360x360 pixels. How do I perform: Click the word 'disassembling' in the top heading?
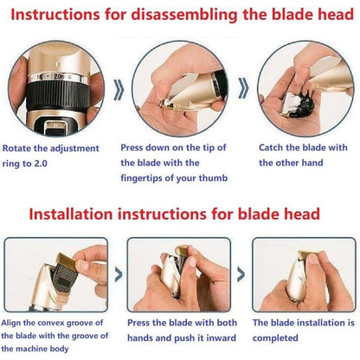pos(185,15)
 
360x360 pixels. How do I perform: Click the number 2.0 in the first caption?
pos(41,164)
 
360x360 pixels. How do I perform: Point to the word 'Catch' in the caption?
pos(271,148)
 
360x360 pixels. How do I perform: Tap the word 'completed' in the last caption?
pos(275,338)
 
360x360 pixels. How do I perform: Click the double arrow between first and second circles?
pos(119,90)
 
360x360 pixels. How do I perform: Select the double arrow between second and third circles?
pos(243,87)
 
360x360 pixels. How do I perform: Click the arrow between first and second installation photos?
pos(119,274)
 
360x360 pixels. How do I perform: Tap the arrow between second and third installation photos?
pos(241,274)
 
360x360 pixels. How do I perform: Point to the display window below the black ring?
pos(55,127)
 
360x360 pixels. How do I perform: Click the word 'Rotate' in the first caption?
pos(16,149)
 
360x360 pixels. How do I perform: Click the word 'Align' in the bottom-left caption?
pos(11,323)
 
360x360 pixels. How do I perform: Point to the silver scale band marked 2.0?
pos(59,77)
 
